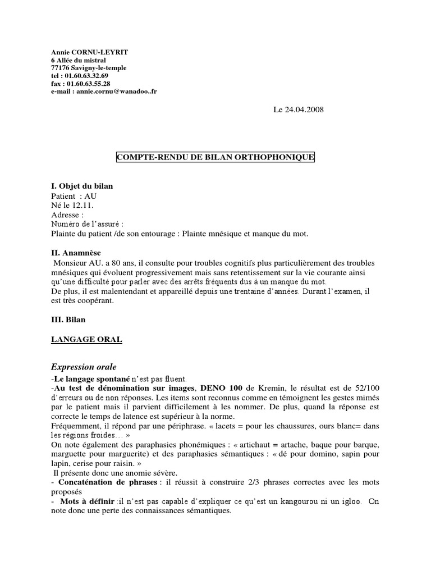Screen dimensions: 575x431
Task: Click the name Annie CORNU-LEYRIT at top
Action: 90,52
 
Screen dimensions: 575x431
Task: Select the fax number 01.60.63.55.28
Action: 86,84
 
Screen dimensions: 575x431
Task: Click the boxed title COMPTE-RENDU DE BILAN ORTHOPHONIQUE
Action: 215,158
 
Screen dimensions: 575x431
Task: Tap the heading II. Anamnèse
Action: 77,253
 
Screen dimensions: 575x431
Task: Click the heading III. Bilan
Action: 68,319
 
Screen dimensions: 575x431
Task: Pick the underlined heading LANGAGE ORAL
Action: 86,340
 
